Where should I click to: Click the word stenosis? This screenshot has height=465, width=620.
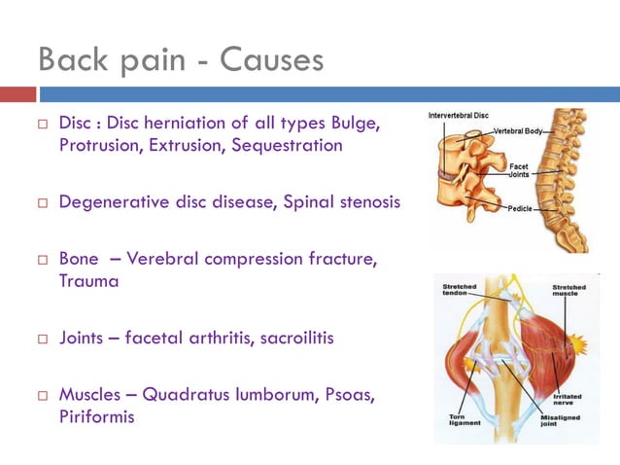click(x=364, y=202)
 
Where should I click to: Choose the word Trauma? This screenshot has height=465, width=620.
click(x=88, y=281)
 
